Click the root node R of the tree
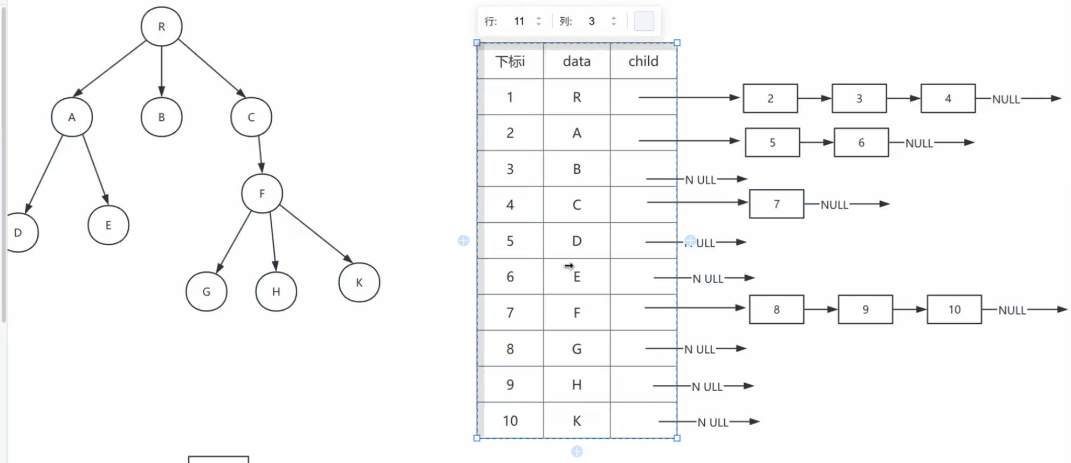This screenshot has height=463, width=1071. [x=161, y=26]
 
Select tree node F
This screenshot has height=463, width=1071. [x=262, y=193]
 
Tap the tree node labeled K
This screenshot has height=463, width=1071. [x=359, y=282]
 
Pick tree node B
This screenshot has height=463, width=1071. [x=161, y=117]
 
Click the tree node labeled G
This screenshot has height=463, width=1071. [x=207, y=291]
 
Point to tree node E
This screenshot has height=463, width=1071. [x=108, y=225]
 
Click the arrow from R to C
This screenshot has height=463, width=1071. [x=212, y=68]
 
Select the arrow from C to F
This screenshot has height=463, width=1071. [x=260, y=154]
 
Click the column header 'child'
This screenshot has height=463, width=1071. [x=643, y=62]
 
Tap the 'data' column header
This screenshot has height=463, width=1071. [x=576, y=62]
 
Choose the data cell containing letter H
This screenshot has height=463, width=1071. [x=576, y=385]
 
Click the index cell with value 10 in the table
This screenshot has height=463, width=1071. [x=510, y=421]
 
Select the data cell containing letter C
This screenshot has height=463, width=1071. [x=576, y=205]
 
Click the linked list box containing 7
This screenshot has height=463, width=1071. [x=777, y=204]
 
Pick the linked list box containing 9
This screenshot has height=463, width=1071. [x=866, y=310]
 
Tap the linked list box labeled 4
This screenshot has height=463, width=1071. [x=948, y=99]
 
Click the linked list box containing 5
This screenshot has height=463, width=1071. [x=772, y=142]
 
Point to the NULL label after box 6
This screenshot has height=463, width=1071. [x=919, y=144]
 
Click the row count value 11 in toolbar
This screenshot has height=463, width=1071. [x=519, y=21]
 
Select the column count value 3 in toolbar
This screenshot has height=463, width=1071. [x=592, y=21]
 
